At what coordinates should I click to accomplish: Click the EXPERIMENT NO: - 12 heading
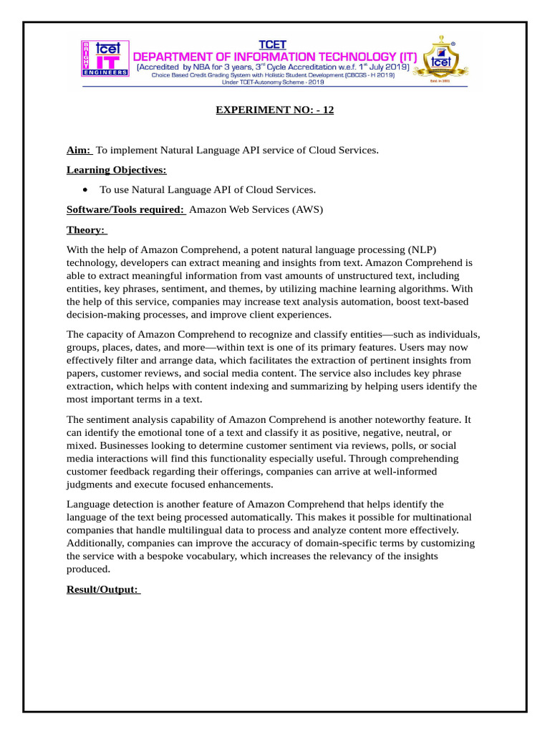point(275,110)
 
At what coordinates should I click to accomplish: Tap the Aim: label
point(79,150)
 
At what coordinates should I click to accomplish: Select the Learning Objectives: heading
point(116,170)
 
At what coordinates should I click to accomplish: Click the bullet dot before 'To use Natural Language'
point(86,190)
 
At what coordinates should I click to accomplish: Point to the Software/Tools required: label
point(125,209)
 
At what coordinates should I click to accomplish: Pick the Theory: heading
point(86,229)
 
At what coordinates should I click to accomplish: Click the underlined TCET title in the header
point(271,44)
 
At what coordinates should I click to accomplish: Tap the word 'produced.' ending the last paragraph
point(89,568)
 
